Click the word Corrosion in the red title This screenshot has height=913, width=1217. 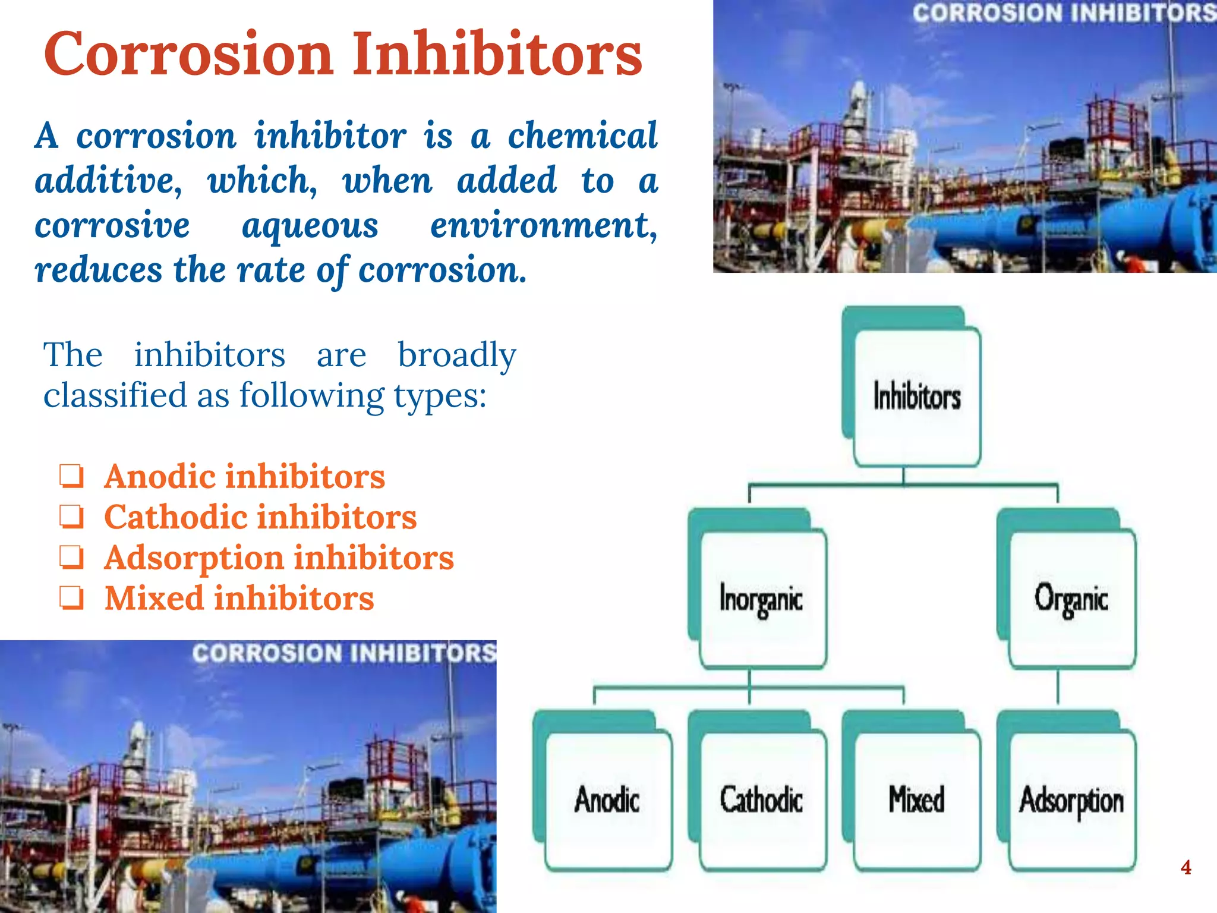[x=188, y=55]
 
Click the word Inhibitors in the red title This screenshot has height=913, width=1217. [x=498, y=55]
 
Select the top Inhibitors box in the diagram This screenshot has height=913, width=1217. [x=916, y=397]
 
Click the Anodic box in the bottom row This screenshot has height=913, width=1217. [x=607, y=800]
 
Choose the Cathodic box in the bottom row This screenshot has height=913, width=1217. [x=762, y=800]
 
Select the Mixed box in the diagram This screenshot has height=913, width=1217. [x=916, y=800]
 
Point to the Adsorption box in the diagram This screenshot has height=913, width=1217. [x=1071, y=800]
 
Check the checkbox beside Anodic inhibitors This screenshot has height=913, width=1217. [x=71, y=477]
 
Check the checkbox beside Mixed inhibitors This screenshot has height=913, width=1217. [x=71, y=599]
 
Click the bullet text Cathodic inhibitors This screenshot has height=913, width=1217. [x=260, y=517]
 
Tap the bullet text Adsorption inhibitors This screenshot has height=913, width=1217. [x=279, y=558]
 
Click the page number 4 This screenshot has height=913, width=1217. [x=1186, y=867]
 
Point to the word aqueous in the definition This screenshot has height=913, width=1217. [x=310, y=226]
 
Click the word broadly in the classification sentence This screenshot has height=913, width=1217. [x=456, y=355]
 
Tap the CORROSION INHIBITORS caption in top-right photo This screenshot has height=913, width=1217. [x=1064, y=13]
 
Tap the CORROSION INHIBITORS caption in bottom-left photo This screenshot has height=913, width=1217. [x=343, y=653]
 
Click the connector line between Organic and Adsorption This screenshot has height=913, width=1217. [x=1058, y=688]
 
